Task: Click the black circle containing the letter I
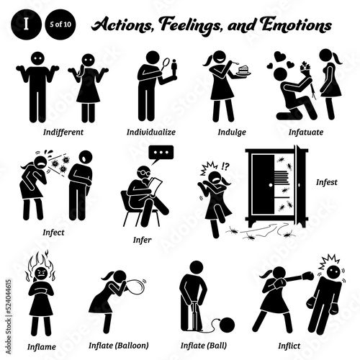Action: click(25, 24)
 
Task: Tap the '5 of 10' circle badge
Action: click(60, 24)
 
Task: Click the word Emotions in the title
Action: click(297, 24)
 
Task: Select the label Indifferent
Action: click(63, 132)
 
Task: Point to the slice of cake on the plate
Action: click(244, 70)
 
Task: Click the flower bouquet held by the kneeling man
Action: click(306, 69)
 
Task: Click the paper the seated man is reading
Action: click(155, 186)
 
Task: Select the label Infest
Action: click(327, 182)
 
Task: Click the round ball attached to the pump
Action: click(227, 325)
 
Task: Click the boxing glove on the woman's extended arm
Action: click(308, 276)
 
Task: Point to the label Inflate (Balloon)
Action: click(119, 346)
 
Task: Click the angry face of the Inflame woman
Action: click(42, 273)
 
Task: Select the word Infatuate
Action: click(306, 132)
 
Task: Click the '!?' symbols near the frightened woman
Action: click(225, 166)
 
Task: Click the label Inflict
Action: click(289, 346)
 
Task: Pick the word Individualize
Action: click(151, 132)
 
